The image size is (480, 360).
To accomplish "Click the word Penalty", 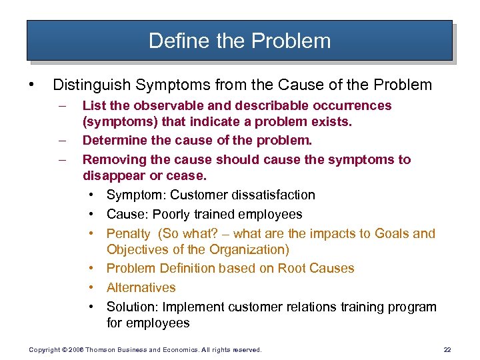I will [x=129, y=233].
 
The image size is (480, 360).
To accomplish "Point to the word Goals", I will [x=392, y=233].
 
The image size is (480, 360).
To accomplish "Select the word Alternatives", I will [x=141, y=287].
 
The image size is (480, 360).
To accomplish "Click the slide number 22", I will [x=447, y=349].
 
